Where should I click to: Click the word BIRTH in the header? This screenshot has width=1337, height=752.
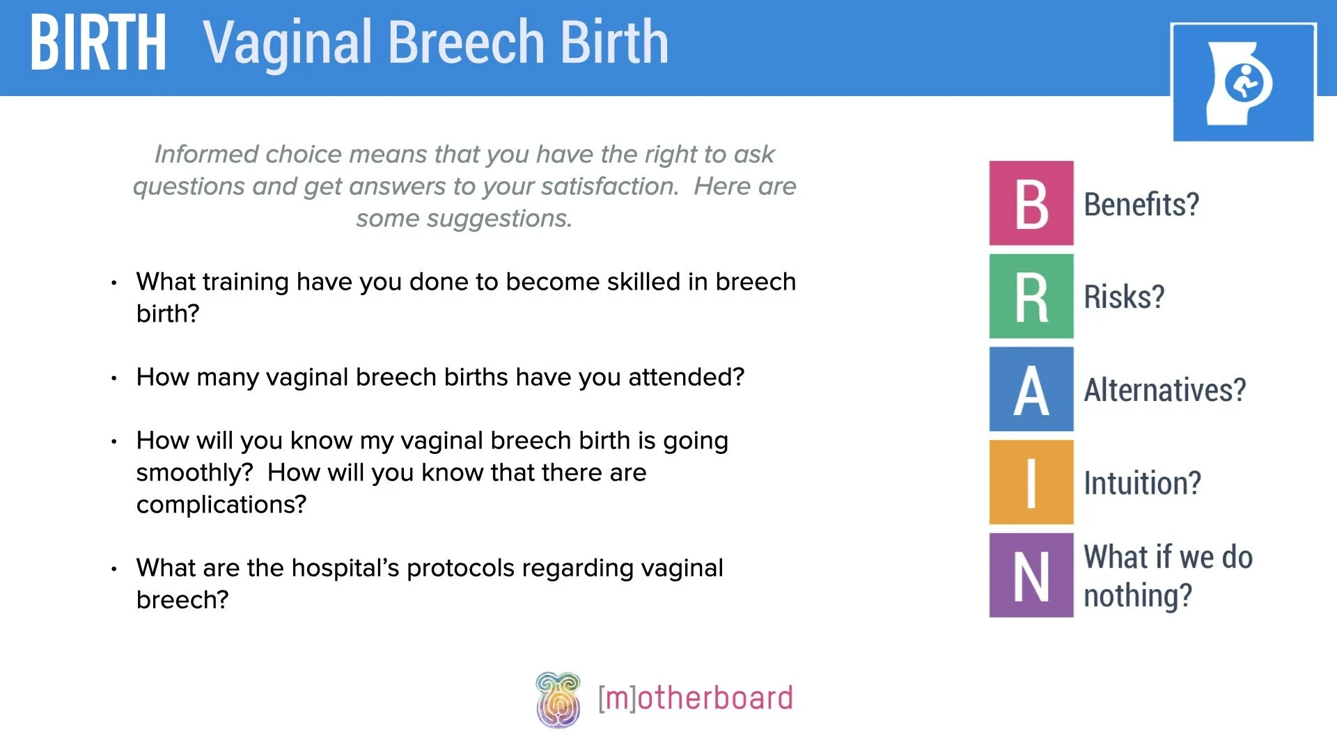point(98,43)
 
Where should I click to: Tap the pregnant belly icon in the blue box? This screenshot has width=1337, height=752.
point(1243,83)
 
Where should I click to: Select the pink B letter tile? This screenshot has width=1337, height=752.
point(1031,203)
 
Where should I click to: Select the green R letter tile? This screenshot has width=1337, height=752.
point(1031,297)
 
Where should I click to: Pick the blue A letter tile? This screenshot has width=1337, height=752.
point(1031,389)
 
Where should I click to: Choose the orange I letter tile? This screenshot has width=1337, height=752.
point(1031,482)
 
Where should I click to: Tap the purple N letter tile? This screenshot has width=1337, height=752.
point(1031,575)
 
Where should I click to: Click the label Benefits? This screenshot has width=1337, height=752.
point(1141,205)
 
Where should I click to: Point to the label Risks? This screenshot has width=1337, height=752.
point(1124,297)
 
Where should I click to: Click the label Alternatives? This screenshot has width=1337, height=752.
point(1164,390)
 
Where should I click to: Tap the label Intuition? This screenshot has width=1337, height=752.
point(1142,483)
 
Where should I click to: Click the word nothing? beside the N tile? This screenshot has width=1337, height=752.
point(1138,596)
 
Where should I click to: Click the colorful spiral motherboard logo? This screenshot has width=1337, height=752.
point(558,700)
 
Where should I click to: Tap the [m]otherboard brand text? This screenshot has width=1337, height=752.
point(695,698)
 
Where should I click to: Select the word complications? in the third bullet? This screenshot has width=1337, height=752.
point(221,505)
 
